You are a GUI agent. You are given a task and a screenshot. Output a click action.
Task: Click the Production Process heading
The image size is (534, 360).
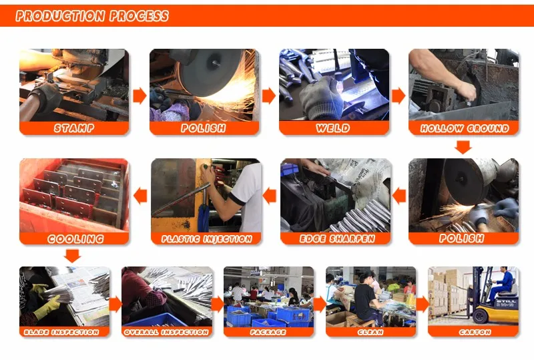(92, 16)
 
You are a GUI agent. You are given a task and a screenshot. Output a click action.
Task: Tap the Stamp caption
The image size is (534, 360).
(74, 128)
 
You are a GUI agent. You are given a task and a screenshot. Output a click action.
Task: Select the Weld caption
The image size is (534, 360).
(333, 128)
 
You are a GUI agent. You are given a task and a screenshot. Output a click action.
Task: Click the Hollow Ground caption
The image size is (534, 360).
(465, 128)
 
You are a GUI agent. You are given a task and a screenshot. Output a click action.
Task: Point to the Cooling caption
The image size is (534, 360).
(75, 238)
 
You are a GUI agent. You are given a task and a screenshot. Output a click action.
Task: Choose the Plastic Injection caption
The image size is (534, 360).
(207, 238)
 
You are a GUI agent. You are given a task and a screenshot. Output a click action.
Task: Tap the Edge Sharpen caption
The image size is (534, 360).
(337, 238)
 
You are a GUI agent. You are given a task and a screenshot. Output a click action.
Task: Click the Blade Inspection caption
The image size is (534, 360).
(61, 332)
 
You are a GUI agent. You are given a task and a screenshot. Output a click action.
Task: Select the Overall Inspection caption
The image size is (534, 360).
(166, 332)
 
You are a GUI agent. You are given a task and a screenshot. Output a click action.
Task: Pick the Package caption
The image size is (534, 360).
(268, 332)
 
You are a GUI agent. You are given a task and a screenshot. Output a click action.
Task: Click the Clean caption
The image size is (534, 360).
(370, 332)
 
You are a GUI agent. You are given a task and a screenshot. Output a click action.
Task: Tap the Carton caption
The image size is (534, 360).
(475, 332)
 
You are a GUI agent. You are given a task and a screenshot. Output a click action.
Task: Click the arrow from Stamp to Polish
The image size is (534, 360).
(140, 96)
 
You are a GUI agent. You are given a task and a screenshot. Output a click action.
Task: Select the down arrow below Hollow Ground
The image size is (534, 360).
(463, 147)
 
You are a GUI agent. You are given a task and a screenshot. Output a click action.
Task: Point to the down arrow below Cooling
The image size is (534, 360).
(73, 256)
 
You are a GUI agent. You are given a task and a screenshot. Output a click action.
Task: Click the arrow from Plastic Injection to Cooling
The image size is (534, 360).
(140, 196)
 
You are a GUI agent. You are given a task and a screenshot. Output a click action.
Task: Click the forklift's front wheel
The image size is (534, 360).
(480, 316)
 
